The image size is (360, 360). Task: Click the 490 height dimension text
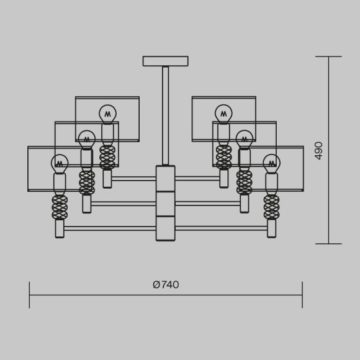[319, 150]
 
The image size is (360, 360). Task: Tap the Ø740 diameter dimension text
[166, 285]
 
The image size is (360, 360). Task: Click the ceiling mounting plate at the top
[165, 61]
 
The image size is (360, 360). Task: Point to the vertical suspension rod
[165, 115]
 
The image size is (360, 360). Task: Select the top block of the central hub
[165, 179]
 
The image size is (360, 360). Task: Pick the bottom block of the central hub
[165, 228]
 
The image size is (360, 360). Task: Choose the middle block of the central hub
[165, 204]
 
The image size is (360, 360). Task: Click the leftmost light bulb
[60, 164]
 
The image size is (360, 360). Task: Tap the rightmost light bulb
[271, 164]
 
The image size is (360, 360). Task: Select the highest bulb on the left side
[107, 114]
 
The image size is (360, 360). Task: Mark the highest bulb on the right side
[223, 114]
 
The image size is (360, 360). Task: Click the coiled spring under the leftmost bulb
[60, 207]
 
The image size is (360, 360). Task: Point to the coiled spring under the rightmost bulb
[271, 207]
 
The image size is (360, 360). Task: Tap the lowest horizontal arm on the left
[110, 228]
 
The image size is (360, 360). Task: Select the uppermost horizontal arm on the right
[197, 179]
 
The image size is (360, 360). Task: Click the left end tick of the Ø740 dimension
[29, 295]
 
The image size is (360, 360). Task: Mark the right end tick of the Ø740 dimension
[302, 295]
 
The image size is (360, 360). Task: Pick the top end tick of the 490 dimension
[328, 56]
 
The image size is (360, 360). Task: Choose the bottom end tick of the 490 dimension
[328, 244]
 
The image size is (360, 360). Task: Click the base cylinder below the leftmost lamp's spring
[60, 228]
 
